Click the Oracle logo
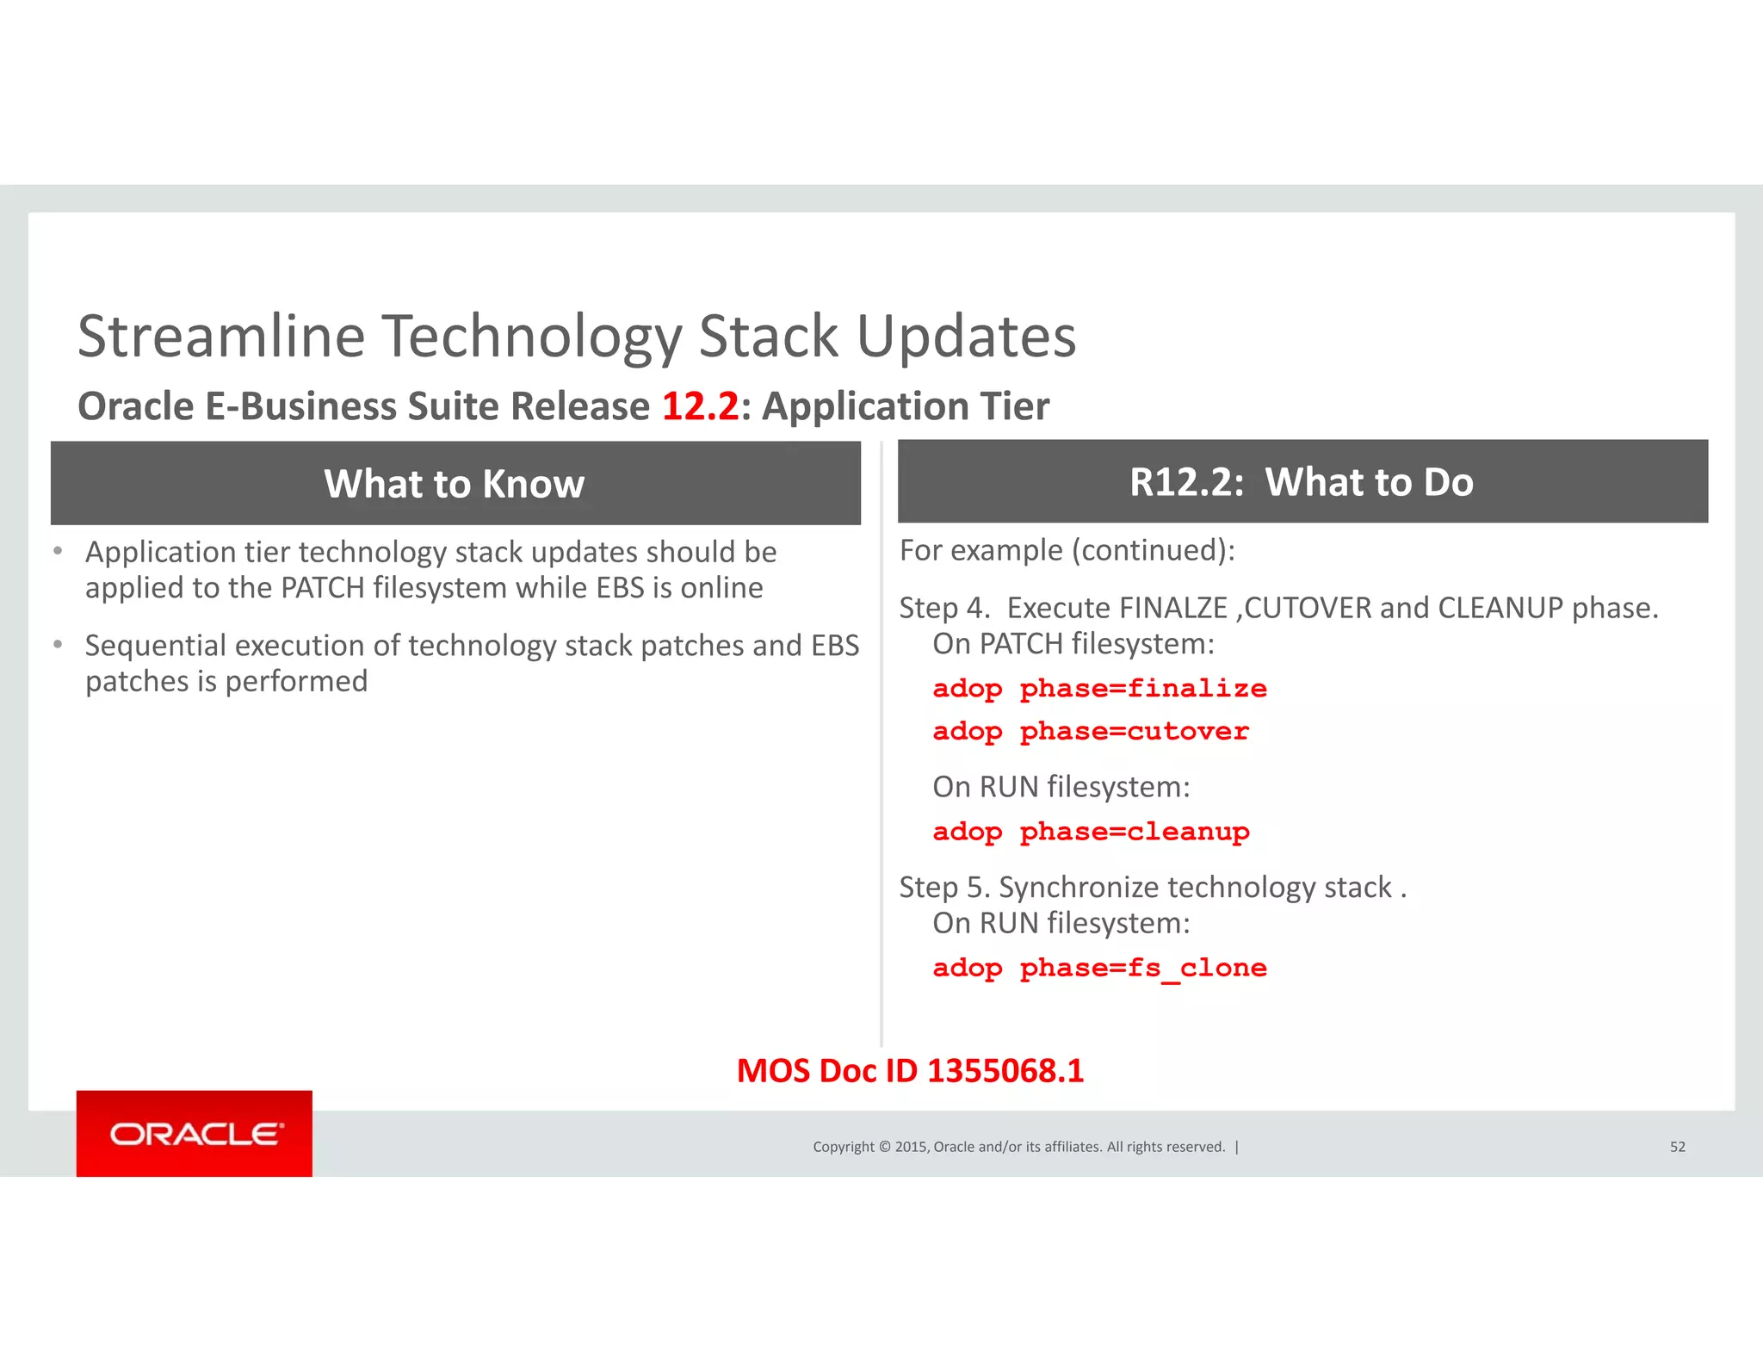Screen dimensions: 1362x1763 (195, 1133)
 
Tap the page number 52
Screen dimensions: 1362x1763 (1677, 1147)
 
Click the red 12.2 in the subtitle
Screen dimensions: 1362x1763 (700, 406)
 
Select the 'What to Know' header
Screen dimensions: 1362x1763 (455, 484)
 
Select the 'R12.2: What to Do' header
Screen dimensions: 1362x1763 (1302, 482)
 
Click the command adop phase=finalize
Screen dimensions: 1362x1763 (1099, 689)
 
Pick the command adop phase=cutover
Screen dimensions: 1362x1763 (1091, 732)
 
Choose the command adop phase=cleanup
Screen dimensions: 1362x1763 (1091, 832)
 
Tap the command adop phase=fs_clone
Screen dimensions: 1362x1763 (1099, 968)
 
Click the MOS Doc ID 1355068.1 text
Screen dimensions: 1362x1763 (910, 1071)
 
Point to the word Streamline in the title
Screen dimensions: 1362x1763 (221, 336)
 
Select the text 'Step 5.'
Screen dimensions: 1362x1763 (944, 887)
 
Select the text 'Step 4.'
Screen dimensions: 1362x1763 (944, 608)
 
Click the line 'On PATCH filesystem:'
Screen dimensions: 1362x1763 (1073, 644)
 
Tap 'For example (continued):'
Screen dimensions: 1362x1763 (1067, 550)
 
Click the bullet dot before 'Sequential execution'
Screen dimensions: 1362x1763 (58, 644)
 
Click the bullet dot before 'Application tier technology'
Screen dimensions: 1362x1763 (58, 551)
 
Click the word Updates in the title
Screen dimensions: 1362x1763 (966, 336)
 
